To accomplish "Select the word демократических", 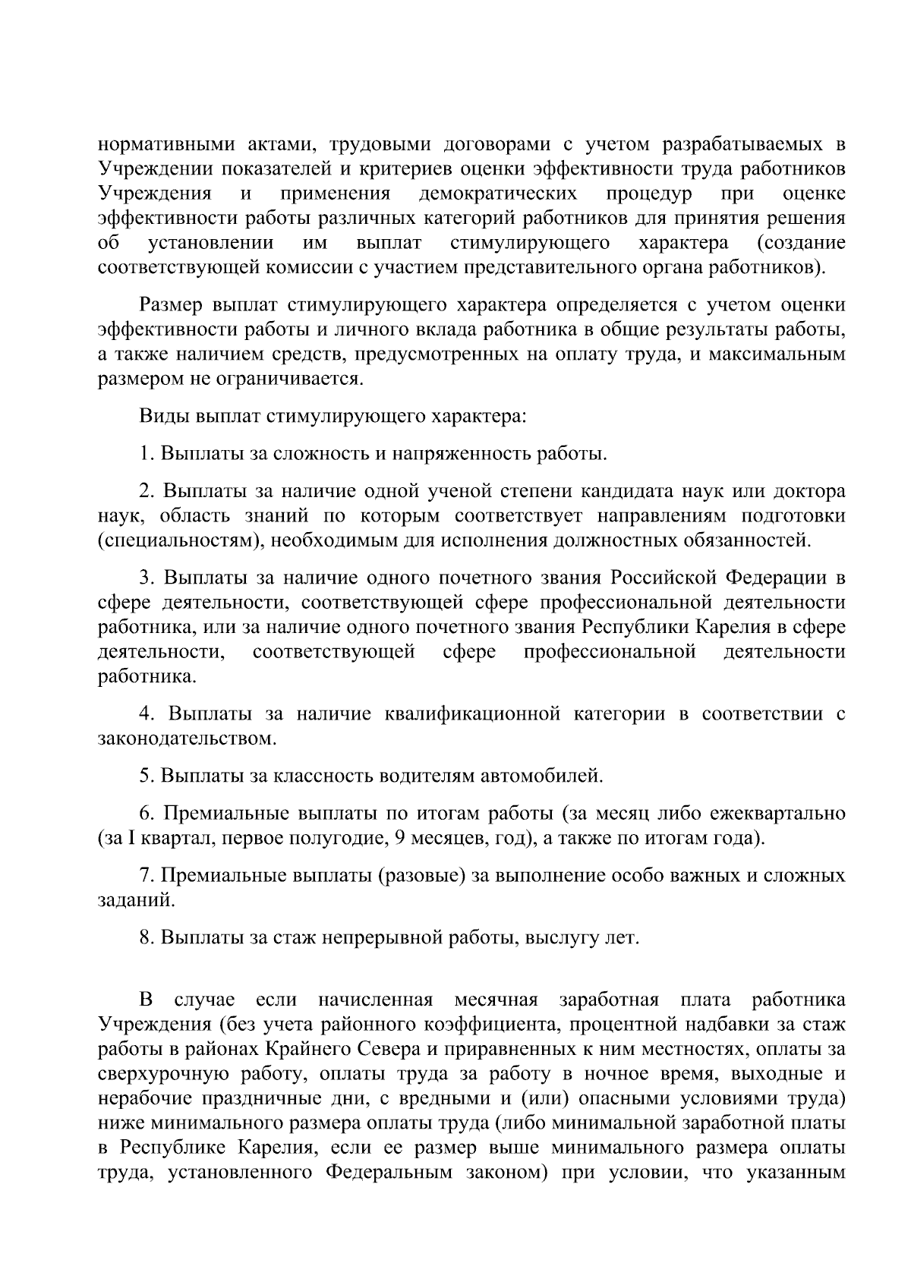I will pyautogui.click(x=498, y=193).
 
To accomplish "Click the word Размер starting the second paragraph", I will pyautogui.click(x=171, y=305).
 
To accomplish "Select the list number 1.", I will pyautogui.click(x=145, y=454).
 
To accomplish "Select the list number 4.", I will pyautogui.click(x=145, y=714).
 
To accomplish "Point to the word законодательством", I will pyautogui.click(x=186, y=738).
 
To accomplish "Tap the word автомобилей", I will pyautogui.click(x=542, y=776).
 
